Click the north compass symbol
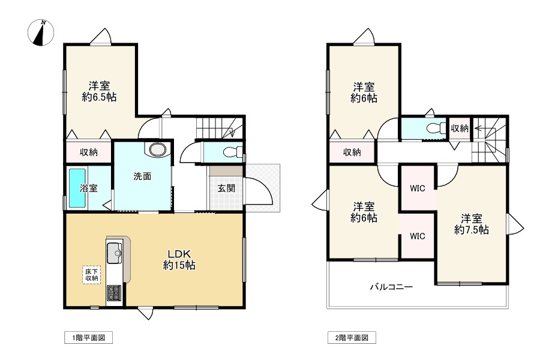click(x=41, y=33)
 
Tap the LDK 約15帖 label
click(x=179, y=259)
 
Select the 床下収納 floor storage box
click(x=92, y=275)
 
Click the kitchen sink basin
click(x=114, y=253)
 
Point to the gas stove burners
click(x=114, y=293)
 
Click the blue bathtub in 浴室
click(x=77, y=188)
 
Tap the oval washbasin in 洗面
click(x=158, y=150)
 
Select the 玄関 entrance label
click(x=226, y=188)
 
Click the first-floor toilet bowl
click(x=230, y=152)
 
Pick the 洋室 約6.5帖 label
click(x=99, y=91)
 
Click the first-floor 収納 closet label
click(x=89, y=152)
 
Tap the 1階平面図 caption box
click(x=88, y=338)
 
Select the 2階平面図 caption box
click(x=352, y=338)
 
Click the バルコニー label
click(x=391, y=287)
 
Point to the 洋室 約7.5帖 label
click(x=471, y=224)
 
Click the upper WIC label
click(x=418, y=188)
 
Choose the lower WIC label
click(x=418, y=236)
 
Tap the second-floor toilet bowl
click(x=434, y=128)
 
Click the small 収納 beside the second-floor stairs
click(x=460, y=128)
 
